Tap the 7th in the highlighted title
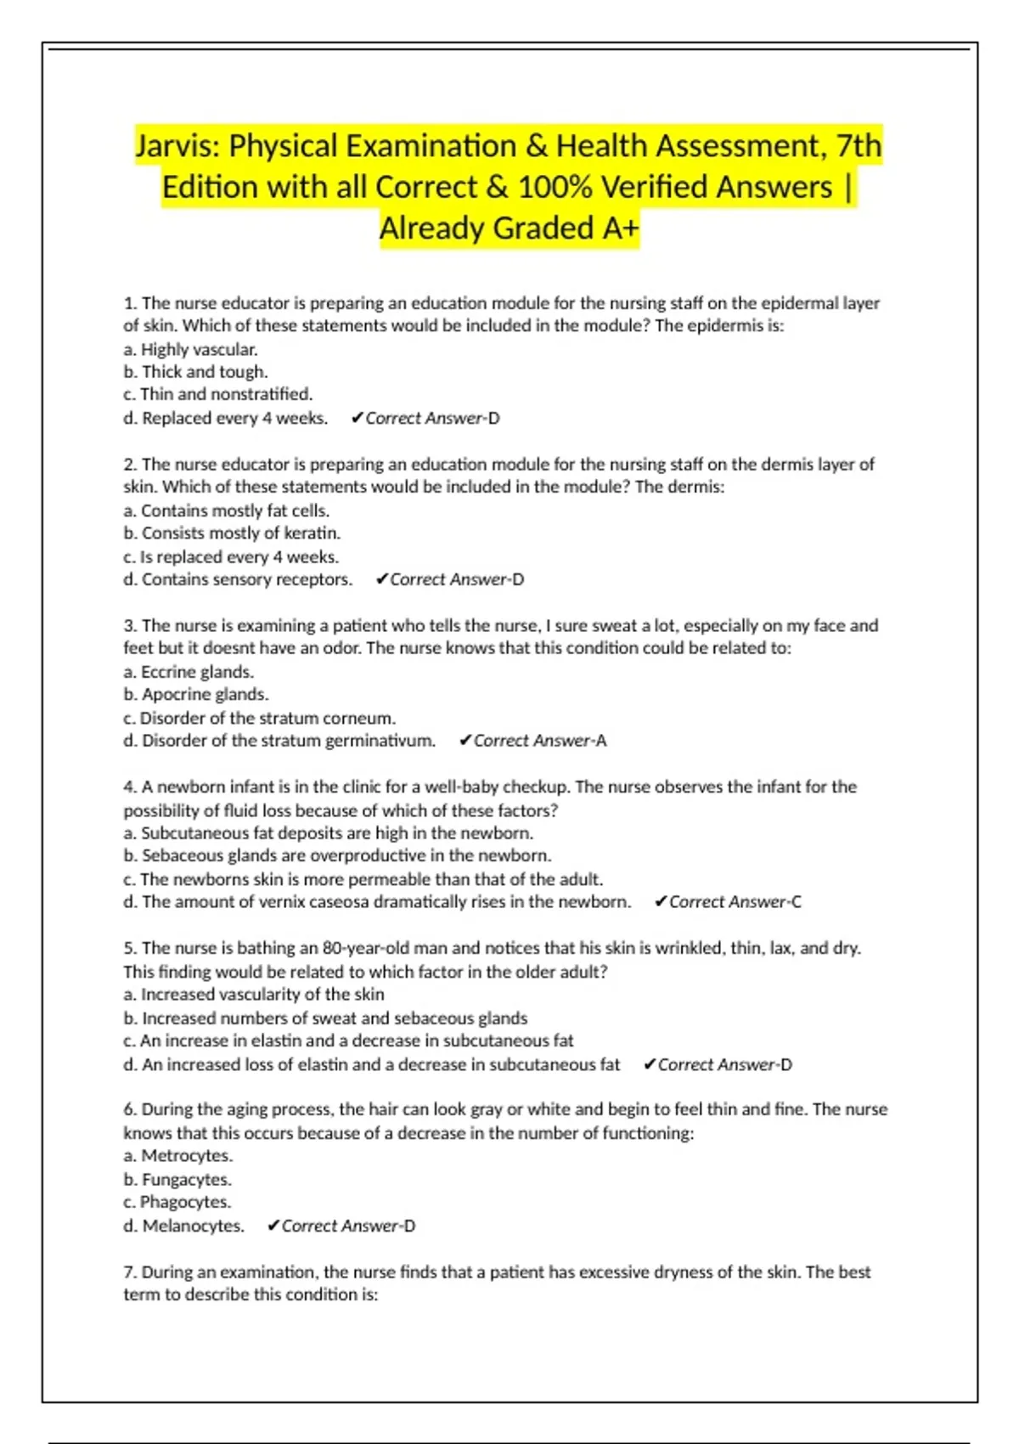tap(859, 146)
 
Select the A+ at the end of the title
tap(619, 228)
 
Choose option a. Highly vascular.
tap(190, 349)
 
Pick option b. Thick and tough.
tap(195, 371)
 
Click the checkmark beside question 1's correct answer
tap(357, 418)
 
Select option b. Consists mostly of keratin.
tap(232, 533)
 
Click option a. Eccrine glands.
tap(189, 672)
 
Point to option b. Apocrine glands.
tap(196, 694)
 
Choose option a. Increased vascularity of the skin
tap(254, 994)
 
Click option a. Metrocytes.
tap(177, 1155)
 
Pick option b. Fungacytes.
tap(177, 1179)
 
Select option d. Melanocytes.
tap(183, 1226)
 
